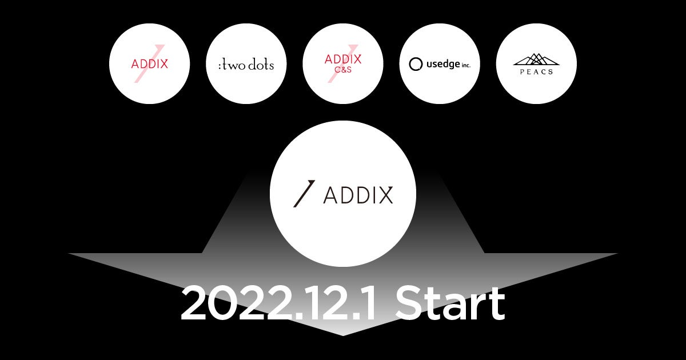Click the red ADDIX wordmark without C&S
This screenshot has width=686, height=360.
pos(150,64)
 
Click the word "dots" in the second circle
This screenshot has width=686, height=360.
pos(261,65)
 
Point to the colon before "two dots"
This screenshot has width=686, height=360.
pos(220,66)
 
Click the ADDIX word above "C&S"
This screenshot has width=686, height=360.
pos(343,59)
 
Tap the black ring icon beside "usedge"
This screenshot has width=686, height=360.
pos(416,64)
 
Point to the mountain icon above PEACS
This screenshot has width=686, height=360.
pos(536,59)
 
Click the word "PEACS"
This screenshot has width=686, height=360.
pos(536,71)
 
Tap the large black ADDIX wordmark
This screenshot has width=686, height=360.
pos(358,195)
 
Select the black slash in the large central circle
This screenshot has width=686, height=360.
pos(304,194)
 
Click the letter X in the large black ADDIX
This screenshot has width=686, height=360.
pos(385,195)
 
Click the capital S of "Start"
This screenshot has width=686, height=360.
pos(410,305)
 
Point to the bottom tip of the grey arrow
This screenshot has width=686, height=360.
pos(343,334)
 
